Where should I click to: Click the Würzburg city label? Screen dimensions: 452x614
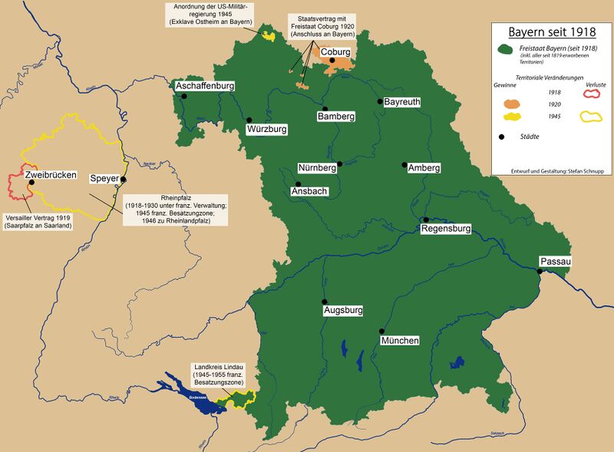click(x=267, y=130)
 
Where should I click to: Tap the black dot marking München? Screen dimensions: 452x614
click(x=381, y=330)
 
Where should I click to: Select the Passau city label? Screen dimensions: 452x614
click(x=556, y=262)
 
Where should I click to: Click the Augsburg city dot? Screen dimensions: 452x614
click(x=325, y=302)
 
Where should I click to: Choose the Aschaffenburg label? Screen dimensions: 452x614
click(x=204, y=87)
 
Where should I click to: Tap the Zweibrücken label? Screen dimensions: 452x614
click(x=51, y=175)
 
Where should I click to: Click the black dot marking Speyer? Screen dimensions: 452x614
click(x=123, y=179)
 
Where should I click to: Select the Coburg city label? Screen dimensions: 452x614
click(x=335, y=52)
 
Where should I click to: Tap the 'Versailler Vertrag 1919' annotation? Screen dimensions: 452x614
click(x=38, y=221)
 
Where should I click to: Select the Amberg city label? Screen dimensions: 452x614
click(x=424, y=167)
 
